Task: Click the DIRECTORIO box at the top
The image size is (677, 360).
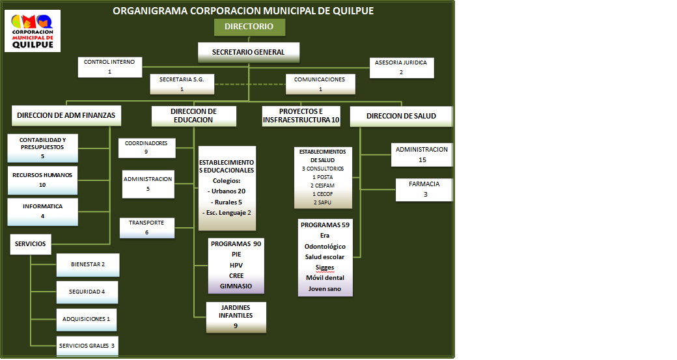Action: (249, 27)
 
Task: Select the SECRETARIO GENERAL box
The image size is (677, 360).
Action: (249, 52)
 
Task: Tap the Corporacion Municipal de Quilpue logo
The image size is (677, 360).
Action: (33, 31)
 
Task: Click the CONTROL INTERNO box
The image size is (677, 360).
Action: (109, 66)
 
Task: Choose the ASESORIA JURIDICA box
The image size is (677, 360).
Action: (401, 67)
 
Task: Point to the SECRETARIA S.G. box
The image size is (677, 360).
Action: (182, 83)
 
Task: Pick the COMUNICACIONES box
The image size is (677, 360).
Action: (320, 83)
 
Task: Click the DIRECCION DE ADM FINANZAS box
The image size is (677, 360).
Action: (66, 116)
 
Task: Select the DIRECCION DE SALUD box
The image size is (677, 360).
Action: (401, 116)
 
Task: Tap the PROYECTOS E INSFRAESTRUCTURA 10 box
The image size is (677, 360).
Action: (301, 116)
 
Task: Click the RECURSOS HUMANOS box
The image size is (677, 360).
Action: (42, 180)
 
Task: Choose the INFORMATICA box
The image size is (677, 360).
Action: (42, 211)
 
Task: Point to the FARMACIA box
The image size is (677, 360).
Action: (424, 189)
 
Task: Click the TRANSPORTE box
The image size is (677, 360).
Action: (146, 227)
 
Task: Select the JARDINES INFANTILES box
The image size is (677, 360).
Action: (236, 316)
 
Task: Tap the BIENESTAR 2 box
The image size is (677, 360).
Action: (88, 264)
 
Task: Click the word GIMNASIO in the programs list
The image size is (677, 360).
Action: (236, 286)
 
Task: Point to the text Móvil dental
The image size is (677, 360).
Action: (325, 278)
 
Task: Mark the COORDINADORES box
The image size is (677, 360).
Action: (146, 147)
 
